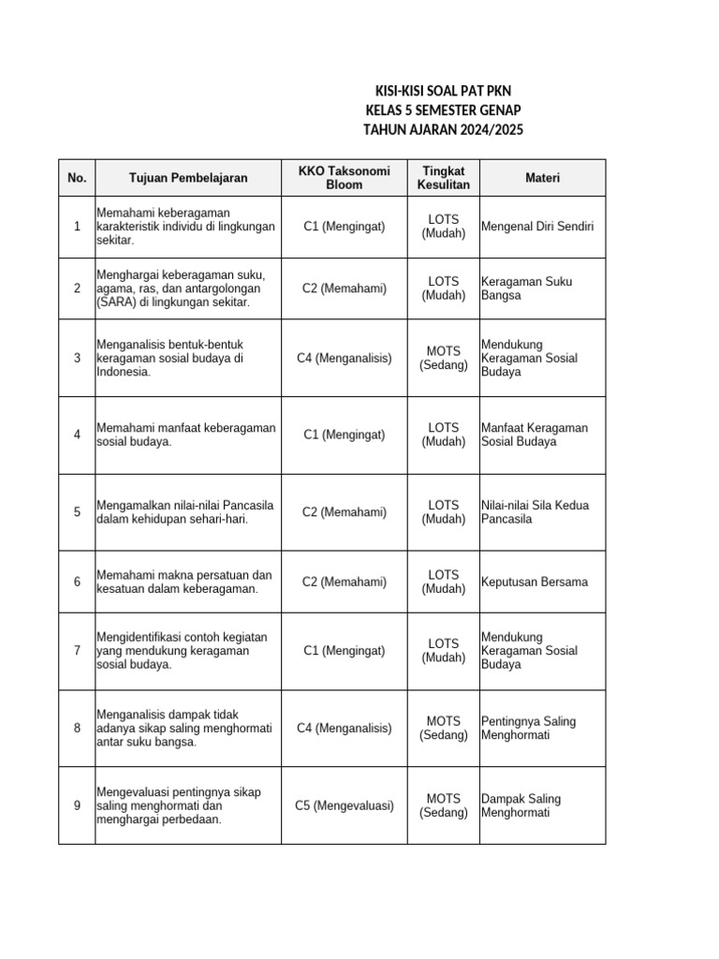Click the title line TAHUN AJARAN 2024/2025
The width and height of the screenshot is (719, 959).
tap(443, 129)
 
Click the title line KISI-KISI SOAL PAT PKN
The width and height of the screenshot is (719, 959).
tap(443, 91)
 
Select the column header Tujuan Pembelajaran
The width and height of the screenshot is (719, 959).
tap(188, 178)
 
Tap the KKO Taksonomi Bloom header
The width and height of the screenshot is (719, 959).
tap(344, 178)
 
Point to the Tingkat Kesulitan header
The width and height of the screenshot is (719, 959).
tap(444, 178)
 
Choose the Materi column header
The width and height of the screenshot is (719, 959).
tap(542, 178)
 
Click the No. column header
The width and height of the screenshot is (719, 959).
tap(77, 178)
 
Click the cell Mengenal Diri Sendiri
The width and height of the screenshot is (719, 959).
tap(536, 227)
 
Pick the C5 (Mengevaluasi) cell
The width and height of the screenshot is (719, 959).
tap(344, 805)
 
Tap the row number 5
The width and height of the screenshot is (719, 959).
tap(77, 512)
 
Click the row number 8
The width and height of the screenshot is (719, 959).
tap(77, 729)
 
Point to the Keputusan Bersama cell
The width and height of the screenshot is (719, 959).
tap(534, 582)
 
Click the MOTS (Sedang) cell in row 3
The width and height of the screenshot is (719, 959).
tap(444, 358)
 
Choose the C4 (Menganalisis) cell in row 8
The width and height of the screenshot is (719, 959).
tap(344, 729)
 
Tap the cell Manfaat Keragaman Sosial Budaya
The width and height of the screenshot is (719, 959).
tap(534, 435)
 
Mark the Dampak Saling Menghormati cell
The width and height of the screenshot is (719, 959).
tap(521, 805)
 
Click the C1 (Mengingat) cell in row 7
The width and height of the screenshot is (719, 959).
tap(344, 651)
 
